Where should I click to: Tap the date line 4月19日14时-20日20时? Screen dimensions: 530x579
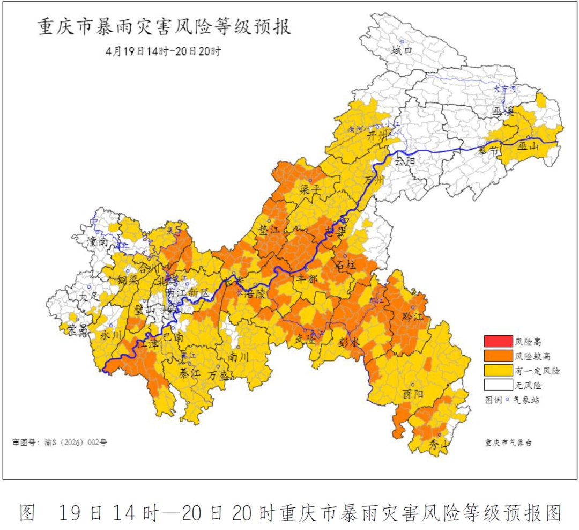tap(164, 51)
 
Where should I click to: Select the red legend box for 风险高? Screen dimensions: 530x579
tap(498, 341)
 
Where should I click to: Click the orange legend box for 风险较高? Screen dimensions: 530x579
tap(498, 356)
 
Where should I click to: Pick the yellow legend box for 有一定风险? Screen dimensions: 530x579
tap(498, 370)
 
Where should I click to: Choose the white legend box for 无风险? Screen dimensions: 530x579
tap(498, 385)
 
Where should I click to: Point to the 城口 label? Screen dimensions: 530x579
tap(402, 51)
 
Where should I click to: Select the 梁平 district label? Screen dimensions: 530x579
tap(310, 190)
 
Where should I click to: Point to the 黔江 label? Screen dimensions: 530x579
tap(413, 316)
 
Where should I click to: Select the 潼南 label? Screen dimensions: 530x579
tap(98, 242)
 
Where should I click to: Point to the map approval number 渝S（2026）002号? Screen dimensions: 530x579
tap(60, 443)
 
